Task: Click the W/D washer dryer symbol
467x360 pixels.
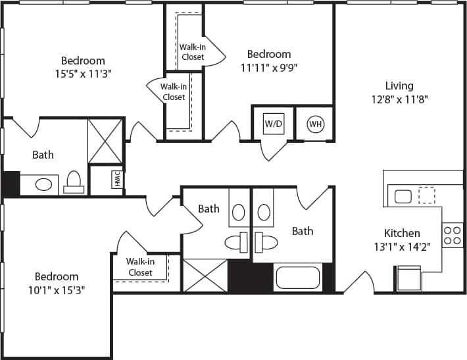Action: (273, 124)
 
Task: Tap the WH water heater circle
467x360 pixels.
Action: (315, 124)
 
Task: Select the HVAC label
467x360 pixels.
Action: (116, 180)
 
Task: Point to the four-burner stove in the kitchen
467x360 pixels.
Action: (453, 235)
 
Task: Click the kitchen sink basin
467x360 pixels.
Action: (403, 196)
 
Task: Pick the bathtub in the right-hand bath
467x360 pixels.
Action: (298, 277)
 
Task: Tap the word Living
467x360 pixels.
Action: (399, 86)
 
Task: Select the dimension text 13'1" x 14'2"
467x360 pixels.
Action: (402, 248)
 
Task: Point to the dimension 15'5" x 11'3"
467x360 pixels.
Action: (83, 74)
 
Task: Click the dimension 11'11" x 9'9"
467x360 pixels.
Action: (268, 68)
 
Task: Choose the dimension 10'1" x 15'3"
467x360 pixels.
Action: (57, 289)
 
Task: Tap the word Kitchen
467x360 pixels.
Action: (402, 233)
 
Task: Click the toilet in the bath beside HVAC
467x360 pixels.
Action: (74, 182)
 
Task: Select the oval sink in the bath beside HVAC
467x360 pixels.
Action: (43, 184)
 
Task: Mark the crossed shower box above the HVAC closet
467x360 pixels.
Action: (105, 141)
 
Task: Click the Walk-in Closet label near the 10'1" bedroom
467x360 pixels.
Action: (140, 267)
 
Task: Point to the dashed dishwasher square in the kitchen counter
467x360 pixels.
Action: (427, 195)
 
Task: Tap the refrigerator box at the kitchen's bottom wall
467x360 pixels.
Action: (408, 278)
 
